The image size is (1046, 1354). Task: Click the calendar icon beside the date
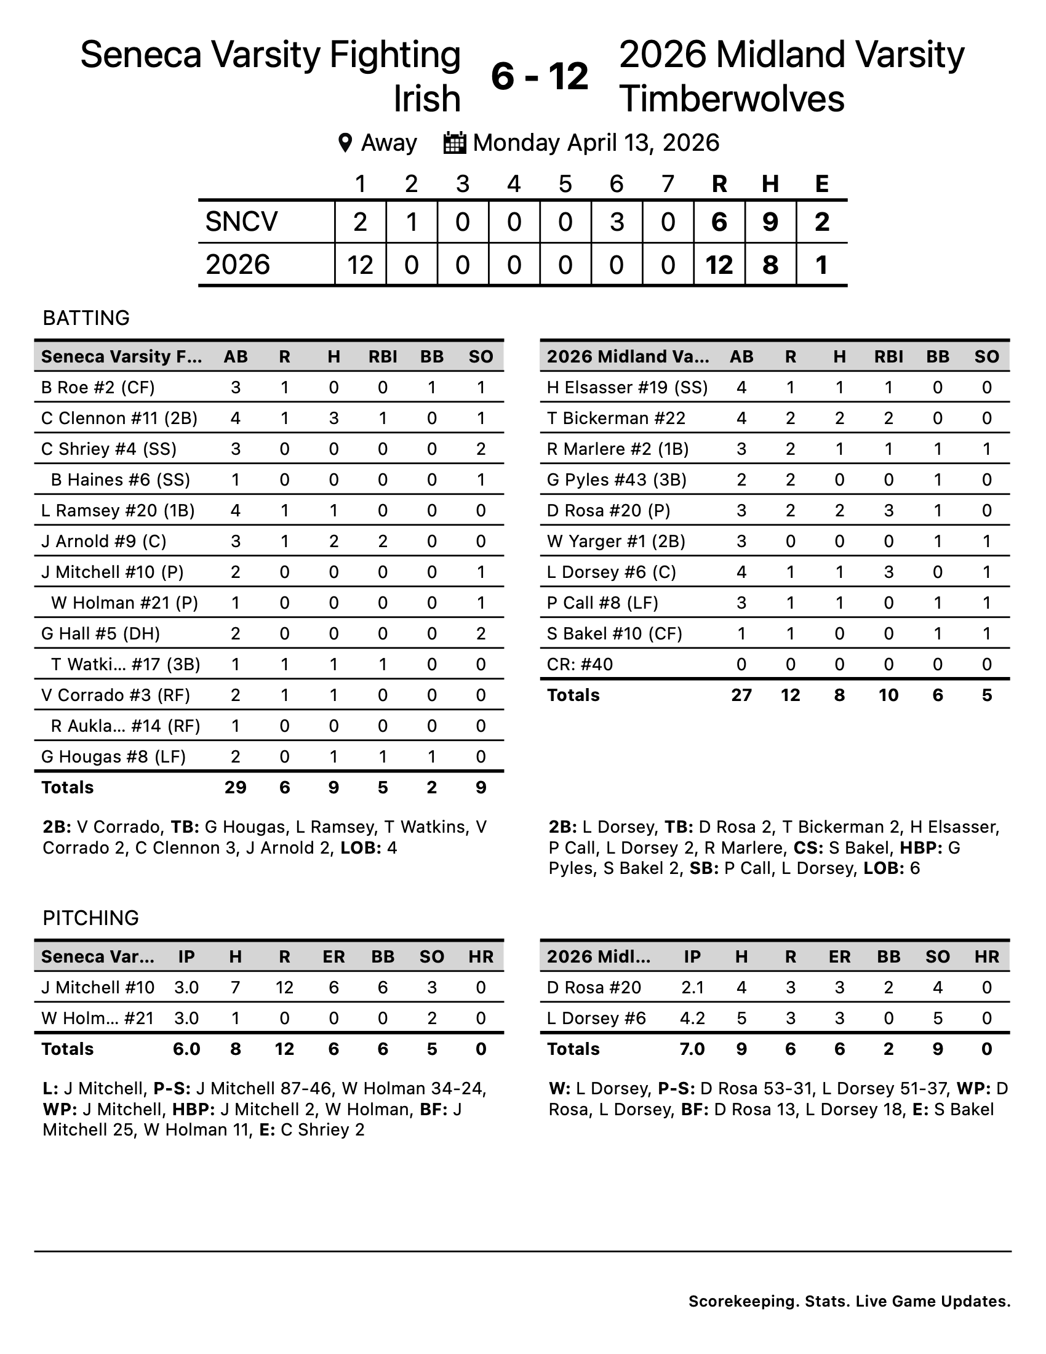(454, 143)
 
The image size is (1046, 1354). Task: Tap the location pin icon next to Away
(345, 143)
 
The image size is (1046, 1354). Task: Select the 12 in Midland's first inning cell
(360, 265)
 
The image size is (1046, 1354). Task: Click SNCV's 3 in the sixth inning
(616, 222)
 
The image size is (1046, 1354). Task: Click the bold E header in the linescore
(821, 183)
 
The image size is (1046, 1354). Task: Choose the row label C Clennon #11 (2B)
(119, 419)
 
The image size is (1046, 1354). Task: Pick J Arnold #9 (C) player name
(103, 541)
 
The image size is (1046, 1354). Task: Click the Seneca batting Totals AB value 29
(235, 787)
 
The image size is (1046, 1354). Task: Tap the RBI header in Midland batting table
(888, 356)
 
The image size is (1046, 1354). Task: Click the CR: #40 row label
(580, 665)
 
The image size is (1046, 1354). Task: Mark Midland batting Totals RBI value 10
(888, 695)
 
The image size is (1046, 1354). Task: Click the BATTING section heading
(86, 318)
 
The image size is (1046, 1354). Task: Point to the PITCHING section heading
(90, 918)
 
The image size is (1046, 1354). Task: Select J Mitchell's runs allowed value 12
(284, 988)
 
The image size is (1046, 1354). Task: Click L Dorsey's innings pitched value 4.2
(692, 1018)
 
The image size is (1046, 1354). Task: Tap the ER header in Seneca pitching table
(333, 956)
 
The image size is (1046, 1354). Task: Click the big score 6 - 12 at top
(539, 77)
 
